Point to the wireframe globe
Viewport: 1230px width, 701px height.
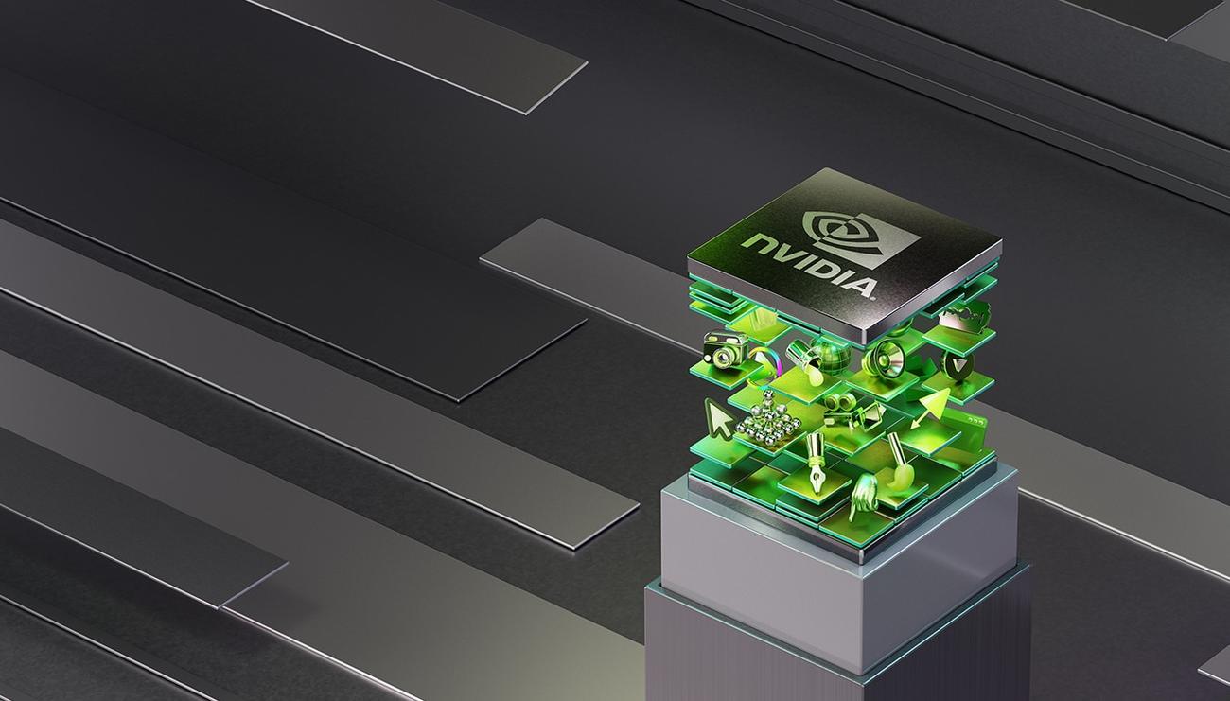831,359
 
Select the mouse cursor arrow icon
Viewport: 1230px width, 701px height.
718,420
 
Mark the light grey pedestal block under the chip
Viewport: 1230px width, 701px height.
833,568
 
